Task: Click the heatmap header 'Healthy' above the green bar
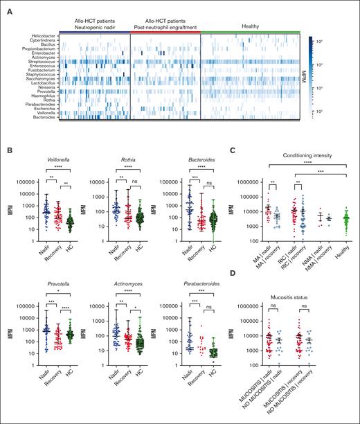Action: (x=251, y=27)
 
